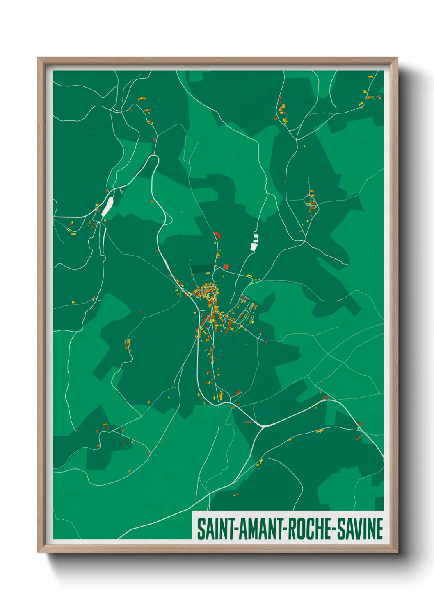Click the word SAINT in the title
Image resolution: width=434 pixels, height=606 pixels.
(215, 529)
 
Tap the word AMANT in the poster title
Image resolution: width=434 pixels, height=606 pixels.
(260, 529)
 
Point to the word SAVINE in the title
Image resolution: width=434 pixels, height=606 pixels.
(361, 529)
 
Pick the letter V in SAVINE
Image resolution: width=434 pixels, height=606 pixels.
(358, 529)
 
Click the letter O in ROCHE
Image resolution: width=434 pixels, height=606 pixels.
(300, 529)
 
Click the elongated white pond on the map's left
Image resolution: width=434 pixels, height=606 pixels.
(107, 206)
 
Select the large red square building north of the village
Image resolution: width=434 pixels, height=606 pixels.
(226, 267)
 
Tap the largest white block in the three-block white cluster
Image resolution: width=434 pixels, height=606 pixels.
(253, 246)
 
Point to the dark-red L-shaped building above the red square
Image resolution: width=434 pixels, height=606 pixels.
(218, 235)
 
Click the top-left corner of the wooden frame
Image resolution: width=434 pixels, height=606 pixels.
(38, 58)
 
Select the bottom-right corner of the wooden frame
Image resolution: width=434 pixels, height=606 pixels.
(397, 552)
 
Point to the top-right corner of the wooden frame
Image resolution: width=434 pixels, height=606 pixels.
(397, 58)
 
